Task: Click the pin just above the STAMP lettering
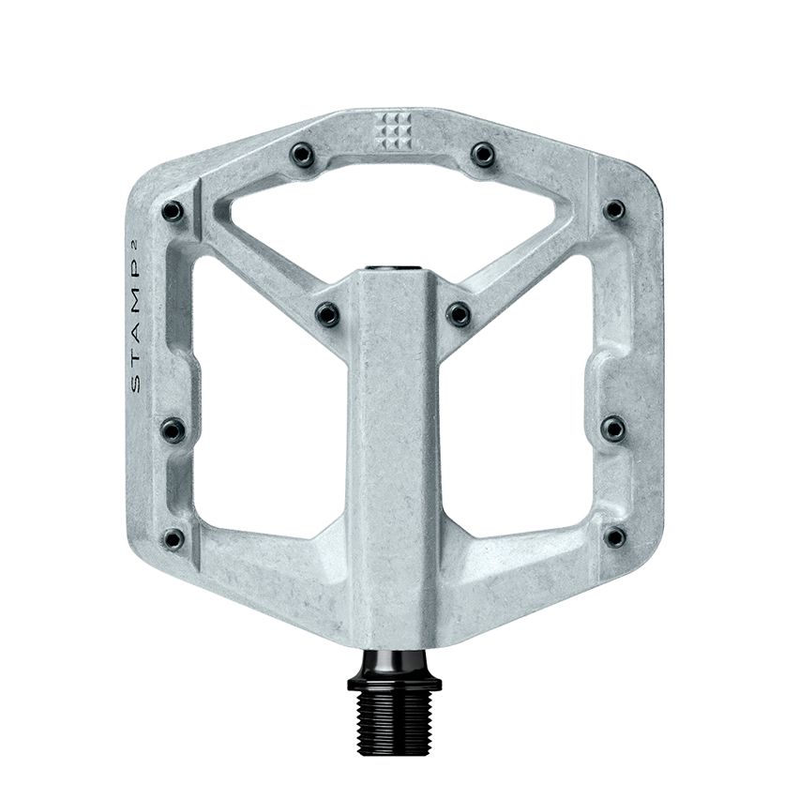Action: pos(173,212)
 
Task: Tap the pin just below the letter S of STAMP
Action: pos(173,430)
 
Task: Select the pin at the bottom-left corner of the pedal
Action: pos(173,538)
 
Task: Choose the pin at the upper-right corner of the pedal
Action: pos(613,210)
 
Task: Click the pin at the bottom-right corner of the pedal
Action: pos(614,537)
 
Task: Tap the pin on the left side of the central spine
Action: pos(327,314)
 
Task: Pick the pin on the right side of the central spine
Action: pos(459,314)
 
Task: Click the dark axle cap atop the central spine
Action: pos(393,270)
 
